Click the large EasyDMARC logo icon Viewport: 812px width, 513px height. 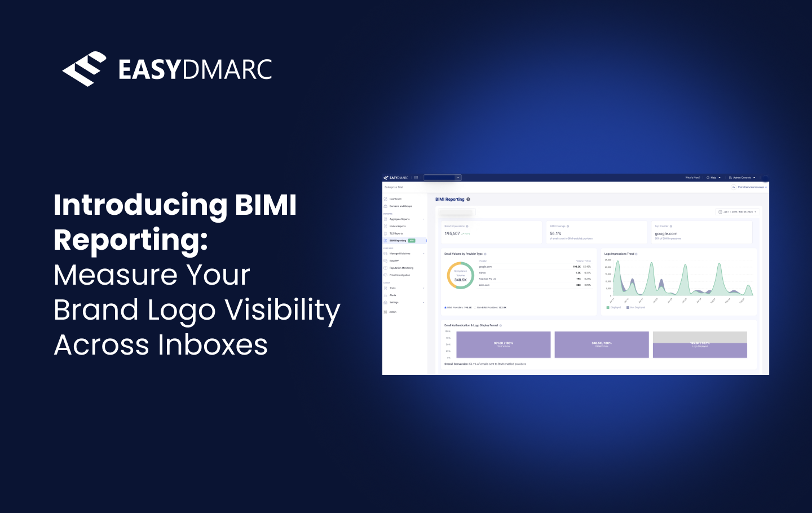pyautogui.click(x=85, y=69)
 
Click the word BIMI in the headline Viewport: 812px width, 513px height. pyautogui.click(x=266, y=205)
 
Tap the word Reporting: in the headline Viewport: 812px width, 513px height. pyautogui.click(x=131, y=240)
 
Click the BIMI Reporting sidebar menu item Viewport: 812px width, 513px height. pyautogui.click(x=398, y=241)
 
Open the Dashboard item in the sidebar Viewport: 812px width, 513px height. pyautogui.click(x=395, y=199)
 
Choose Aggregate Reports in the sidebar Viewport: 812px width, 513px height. pyautogui.click(x=400, y=219)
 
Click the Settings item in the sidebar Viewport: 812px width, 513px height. pyautogui.click(x=394, y=303)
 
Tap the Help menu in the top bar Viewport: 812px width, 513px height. pyautogui.click(x=714, y=178)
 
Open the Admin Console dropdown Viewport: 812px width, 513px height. pyautogui.click(x=742, y=178)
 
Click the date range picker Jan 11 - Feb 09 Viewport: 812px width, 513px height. pyautogui.click(x=738, y=212)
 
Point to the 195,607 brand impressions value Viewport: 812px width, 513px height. pyautogui.click(x=452, y=233)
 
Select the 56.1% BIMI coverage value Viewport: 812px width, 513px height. pyautogui.click(x=555, y=233)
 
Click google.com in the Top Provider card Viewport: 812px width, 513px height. pyautogui.click(x=666, y=233)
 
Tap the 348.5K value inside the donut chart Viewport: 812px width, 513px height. pyautogui.click(x=461, y=280)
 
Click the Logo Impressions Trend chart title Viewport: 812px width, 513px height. pyautogui.click(x=619, y=254)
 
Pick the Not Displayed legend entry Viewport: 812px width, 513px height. pyautogui.click(x=637, y=308)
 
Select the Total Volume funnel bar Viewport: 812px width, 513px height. pyautogui.click(x=504, y=344)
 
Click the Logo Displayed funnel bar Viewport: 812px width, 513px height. pyautogui.click(x=700, y=350)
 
